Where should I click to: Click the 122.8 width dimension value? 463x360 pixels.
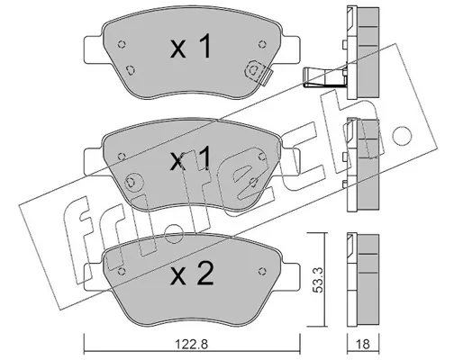click(191, 344)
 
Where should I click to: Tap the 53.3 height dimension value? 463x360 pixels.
click(317, 281)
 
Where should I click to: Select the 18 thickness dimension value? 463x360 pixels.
click(363, 344)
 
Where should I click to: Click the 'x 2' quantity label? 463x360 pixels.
click(192, 273)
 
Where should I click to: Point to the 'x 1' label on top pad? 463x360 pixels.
click(191, 46)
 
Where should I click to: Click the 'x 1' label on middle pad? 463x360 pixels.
click(190, 159)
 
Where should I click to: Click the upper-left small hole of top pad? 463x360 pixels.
click(122, 44)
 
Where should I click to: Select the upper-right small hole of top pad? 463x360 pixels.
click(262, 44)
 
